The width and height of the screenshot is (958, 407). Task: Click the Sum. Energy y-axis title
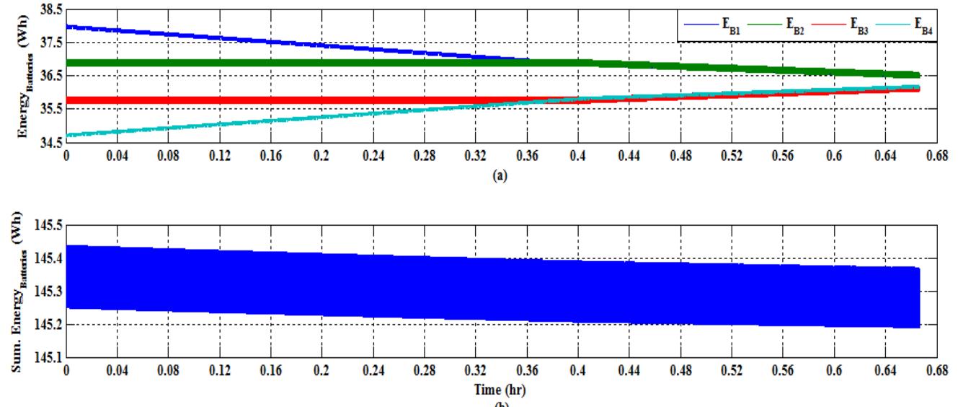pyautogui.click(x=19, y=283)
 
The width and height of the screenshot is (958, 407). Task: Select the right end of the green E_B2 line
pyautogui.click(x=918, y=75)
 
